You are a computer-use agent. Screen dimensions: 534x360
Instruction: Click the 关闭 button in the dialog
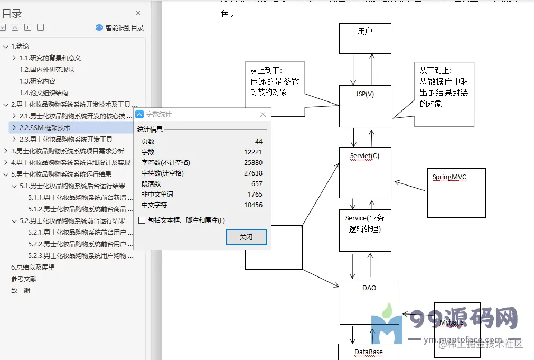point(246,237)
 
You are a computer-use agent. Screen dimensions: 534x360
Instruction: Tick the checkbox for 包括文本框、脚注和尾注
point(142,220)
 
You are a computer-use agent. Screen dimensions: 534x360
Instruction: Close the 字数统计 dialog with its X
point(263,114)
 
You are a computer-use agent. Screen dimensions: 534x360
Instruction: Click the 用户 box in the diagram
point(365,38)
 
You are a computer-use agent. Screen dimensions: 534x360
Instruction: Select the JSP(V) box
point(365,106)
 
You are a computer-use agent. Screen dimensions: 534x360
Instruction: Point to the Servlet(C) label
point(364,156)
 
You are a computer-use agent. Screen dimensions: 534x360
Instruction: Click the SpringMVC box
point(456,192)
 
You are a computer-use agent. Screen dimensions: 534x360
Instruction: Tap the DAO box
point(369,301)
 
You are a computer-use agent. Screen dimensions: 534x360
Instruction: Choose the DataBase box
point(368,352)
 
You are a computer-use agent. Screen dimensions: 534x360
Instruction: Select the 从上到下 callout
point(275,88)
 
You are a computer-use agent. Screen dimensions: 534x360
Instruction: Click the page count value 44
point(258,142)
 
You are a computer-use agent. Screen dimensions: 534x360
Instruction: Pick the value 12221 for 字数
point(254,152)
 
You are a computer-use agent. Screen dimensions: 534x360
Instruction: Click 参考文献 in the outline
point(24,279)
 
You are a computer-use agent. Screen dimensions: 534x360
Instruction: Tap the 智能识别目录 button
point(120,27)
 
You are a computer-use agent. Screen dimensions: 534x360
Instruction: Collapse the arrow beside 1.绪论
point(6,47)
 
